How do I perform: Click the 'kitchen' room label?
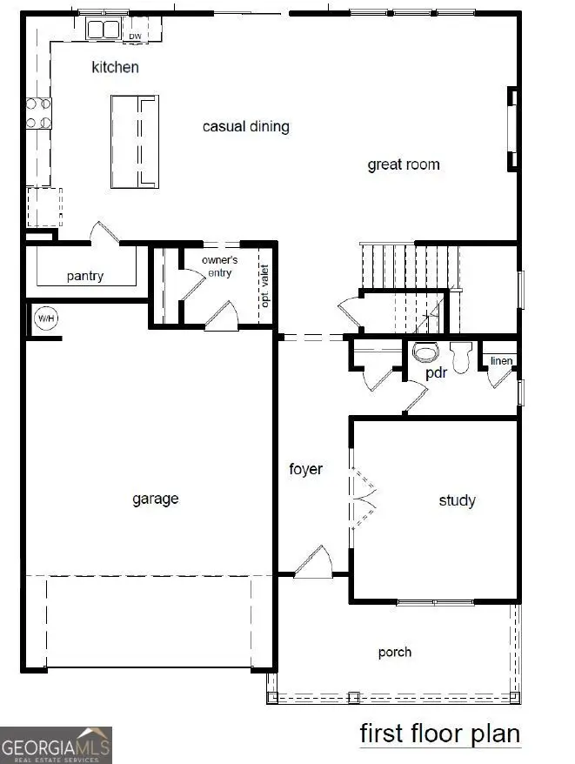116,67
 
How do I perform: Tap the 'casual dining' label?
245,127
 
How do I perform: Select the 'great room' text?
403,164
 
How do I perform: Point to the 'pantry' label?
85,277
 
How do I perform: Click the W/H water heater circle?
45,318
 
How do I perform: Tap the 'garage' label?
156,499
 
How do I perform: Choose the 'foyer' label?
305,469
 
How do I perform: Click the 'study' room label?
457,500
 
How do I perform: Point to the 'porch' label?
395,652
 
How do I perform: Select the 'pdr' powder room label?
436,372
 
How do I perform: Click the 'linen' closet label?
501,361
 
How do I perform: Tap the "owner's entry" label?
219,266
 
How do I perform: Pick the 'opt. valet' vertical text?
265,287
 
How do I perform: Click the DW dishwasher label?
135,36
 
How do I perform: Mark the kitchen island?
136,141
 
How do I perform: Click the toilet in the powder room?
425,352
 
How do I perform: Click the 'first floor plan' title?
440,734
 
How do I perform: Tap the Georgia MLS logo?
57,745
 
